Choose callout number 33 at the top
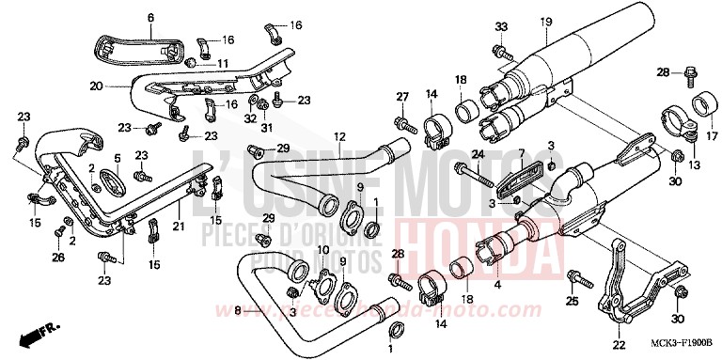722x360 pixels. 500,24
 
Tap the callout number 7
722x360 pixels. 520,151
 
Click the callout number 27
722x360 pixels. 400,97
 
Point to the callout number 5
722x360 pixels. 117,158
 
